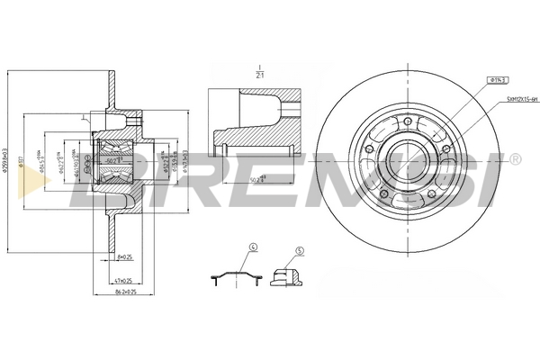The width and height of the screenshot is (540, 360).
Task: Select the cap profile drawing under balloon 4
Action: [x=235, y=276]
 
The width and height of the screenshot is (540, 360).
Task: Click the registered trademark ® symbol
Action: [x=515, y=159]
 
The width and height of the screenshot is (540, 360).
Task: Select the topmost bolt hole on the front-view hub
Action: [x=407, y=121]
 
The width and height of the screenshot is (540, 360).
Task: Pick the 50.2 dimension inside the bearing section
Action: [x=112, y=160]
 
